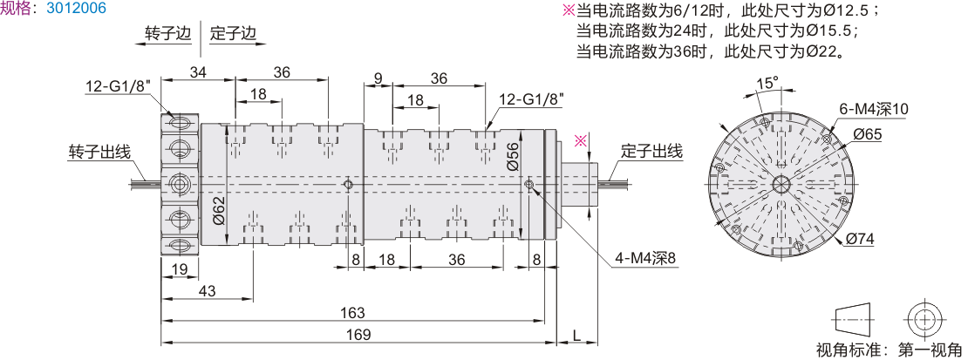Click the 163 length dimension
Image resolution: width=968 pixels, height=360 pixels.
(351, 313)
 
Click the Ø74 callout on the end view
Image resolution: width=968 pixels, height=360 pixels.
(861, 239)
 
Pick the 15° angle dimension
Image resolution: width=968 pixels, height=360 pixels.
(767, 84)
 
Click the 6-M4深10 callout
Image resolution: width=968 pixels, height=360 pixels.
(874, 109)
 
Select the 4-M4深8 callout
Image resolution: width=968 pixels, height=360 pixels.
(644, 259)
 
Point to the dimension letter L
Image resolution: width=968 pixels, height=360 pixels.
(576, 335)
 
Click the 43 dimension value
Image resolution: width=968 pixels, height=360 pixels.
(207, 291)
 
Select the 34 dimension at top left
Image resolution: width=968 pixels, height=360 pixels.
(198, 72)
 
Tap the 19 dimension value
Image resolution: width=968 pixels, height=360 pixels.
(179, 270)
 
